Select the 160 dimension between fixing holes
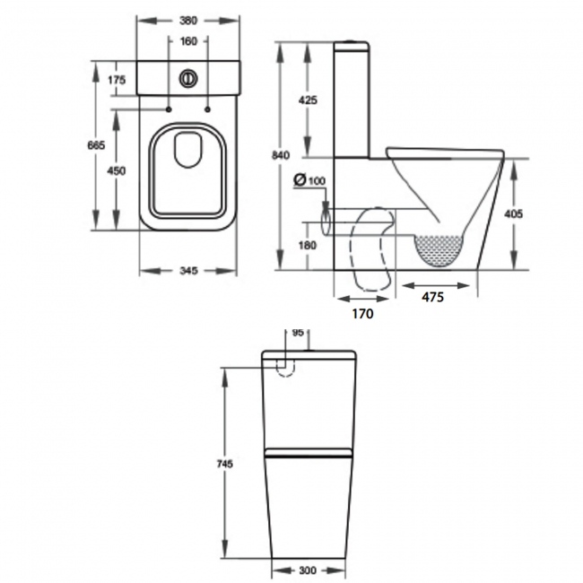point(187,41)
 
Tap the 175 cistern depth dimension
point(116,80)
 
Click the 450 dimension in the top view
point(116,171)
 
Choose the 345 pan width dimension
point(187,269)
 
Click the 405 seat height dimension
point(513,214)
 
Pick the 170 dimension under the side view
point(362,314)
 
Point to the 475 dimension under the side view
point(433,298)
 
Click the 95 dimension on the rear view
point(297,331)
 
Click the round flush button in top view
point(187,77)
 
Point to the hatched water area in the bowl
point(439,249)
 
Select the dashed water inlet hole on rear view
point(287,367)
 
